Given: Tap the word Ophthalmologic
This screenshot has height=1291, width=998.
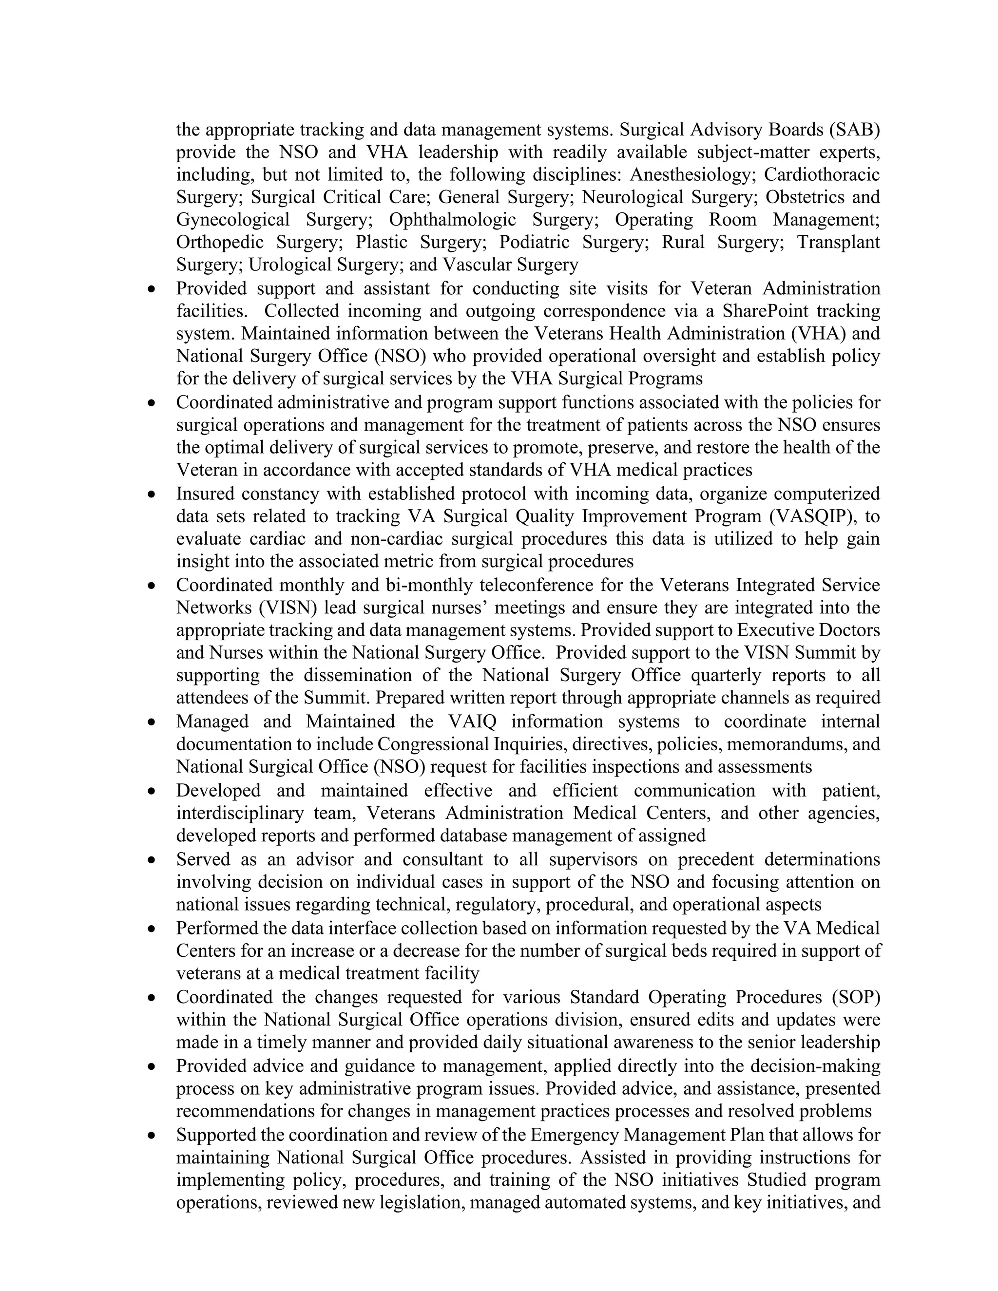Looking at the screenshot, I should pyautogui.click(x=452, y=220).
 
